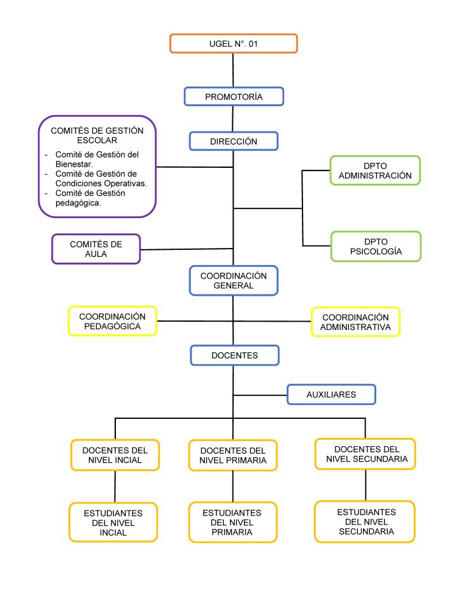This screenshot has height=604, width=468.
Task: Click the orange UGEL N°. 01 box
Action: coord(234,44)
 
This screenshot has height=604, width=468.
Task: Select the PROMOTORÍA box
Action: coord(234,97)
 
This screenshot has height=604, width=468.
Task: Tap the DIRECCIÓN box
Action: coord(234,141)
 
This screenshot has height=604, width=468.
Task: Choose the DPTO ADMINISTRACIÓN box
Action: coord(375,170)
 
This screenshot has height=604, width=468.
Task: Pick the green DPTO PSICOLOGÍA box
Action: coord(376,246)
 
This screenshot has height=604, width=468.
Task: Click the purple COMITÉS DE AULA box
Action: coord(96,249)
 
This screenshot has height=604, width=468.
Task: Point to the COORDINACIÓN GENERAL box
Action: coord(234,280)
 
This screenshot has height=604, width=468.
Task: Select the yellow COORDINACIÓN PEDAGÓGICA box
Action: coord(113,322)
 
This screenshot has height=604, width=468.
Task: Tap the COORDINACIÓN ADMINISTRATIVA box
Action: coord(355,322)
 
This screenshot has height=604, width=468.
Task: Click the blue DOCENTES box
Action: coord(234,355)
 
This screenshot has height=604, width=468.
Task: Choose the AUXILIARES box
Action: coord(331,395)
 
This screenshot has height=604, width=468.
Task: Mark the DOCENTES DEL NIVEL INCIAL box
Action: coord(115,455)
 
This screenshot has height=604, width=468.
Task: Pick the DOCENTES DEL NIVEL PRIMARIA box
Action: coord(233,455)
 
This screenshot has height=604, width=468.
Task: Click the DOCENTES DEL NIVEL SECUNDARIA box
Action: coord(366,453)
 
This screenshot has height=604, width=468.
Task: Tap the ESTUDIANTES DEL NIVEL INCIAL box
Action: coord(113,523)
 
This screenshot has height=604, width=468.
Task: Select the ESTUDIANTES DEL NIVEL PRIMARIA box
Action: coord(233,522)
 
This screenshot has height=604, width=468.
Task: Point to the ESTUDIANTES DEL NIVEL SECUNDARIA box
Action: coord(365,521)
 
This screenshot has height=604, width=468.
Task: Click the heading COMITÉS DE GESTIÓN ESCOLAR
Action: coord(97,135)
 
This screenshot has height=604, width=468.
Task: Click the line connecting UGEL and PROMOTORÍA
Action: coord(234,70)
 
